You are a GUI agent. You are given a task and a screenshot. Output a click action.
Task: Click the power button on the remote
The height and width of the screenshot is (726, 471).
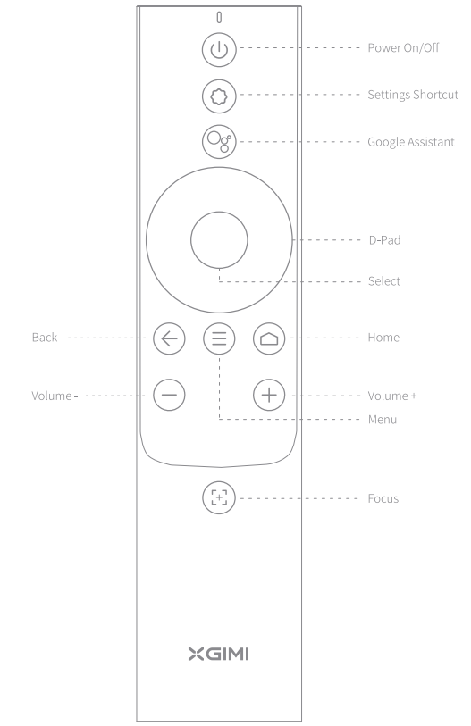pyautogui.click(x=219, y=49)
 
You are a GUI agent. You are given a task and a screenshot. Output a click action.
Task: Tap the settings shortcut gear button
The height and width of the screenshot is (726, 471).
pyautogui.click(x=219, y=96)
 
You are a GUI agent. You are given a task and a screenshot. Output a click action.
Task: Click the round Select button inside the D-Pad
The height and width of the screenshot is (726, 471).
pyautogui.click(x=219, y=240)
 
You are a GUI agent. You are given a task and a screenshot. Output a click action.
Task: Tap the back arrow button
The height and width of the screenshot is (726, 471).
pyautogui.click(x=169, y=338)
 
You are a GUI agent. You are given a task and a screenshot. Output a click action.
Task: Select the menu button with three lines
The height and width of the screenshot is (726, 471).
pyautogui.click(x=219, y=338)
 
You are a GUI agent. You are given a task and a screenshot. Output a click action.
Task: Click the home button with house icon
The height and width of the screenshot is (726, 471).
pyautogui.click(x=269, y=338)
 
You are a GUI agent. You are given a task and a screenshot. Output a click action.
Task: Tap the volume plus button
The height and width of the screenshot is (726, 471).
pyautogui.click(x=269, y=395)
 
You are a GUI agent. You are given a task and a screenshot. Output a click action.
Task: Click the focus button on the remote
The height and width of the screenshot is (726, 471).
pyautogui.click(x=219, y=497)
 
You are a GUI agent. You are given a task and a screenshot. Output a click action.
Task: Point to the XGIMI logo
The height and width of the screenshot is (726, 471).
pyautogui.click(x=219, y=655)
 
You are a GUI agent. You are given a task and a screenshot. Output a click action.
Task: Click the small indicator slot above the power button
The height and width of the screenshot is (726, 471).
pyautogui.click(x=219, y=17)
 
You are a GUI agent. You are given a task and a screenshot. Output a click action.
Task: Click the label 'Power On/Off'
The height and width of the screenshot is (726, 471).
pyautogui.click(x=403, y=47)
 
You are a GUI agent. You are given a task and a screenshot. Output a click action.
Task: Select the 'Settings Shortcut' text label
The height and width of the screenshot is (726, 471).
pyautogui.click(x=413, y=95)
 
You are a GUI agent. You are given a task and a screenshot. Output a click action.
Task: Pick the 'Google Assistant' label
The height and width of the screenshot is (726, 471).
pyautogui.click(x=411, y=142)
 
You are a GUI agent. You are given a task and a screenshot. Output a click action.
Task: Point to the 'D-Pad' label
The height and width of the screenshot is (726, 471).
pyautogui.click(x=385, y=240)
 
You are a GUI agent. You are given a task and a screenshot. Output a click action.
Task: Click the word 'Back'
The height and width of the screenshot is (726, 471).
pyautogui.click(x=45, y=337)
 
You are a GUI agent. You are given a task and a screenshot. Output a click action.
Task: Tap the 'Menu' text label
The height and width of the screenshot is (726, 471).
pyautogui.click(x=383, y=420)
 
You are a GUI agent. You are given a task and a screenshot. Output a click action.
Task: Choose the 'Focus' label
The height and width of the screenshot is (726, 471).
pyautogui.click(x=383, y=498)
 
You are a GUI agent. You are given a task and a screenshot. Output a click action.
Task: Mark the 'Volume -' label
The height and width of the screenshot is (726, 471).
pyautogui.click(x=55, y=396)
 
